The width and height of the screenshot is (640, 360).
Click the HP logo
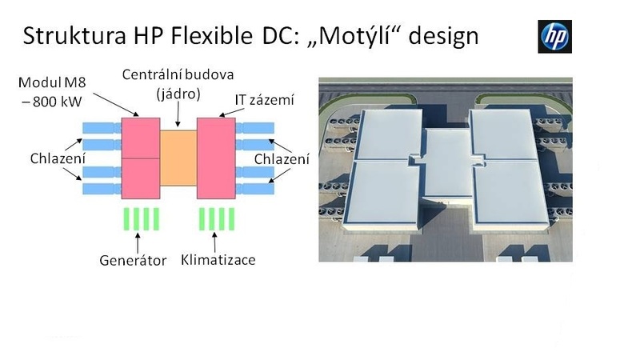(554, 36)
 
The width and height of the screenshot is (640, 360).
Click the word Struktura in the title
(74, 35)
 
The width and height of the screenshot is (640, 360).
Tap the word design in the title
(443, 36)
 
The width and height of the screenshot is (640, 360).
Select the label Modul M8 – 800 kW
(52, 92)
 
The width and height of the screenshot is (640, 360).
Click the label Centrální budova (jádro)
(178, 85)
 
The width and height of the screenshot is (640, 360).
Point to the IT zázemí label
(264, 100)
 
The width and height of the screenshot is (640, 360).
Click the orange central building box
(178, 158)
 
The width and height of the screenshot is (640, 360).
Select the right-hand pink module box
(216, 158)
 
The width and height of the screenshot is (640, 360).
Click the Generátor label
(133, 261)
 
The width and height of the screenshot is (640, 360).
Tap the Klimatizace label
(218, 259)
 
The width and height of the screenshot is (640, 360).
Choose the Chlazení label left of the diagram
(58, 158)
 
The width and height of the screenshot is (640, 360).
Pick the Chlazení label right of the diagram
(282, 158)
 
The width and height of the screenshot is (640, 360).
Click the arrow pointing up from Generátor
(138, 243)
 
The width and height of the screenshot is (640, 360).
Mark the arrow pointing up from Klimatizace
(214, 242)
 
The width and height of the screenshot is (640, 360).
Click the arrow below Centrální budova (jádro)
(178, 114)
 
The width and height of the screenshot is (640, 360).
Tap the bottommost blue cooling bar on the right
(255, 189)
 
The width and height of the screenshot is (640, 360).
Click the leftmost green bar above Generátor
(126, 219)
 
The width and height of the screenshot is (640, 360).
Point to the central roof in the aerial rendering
(448, 163)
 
